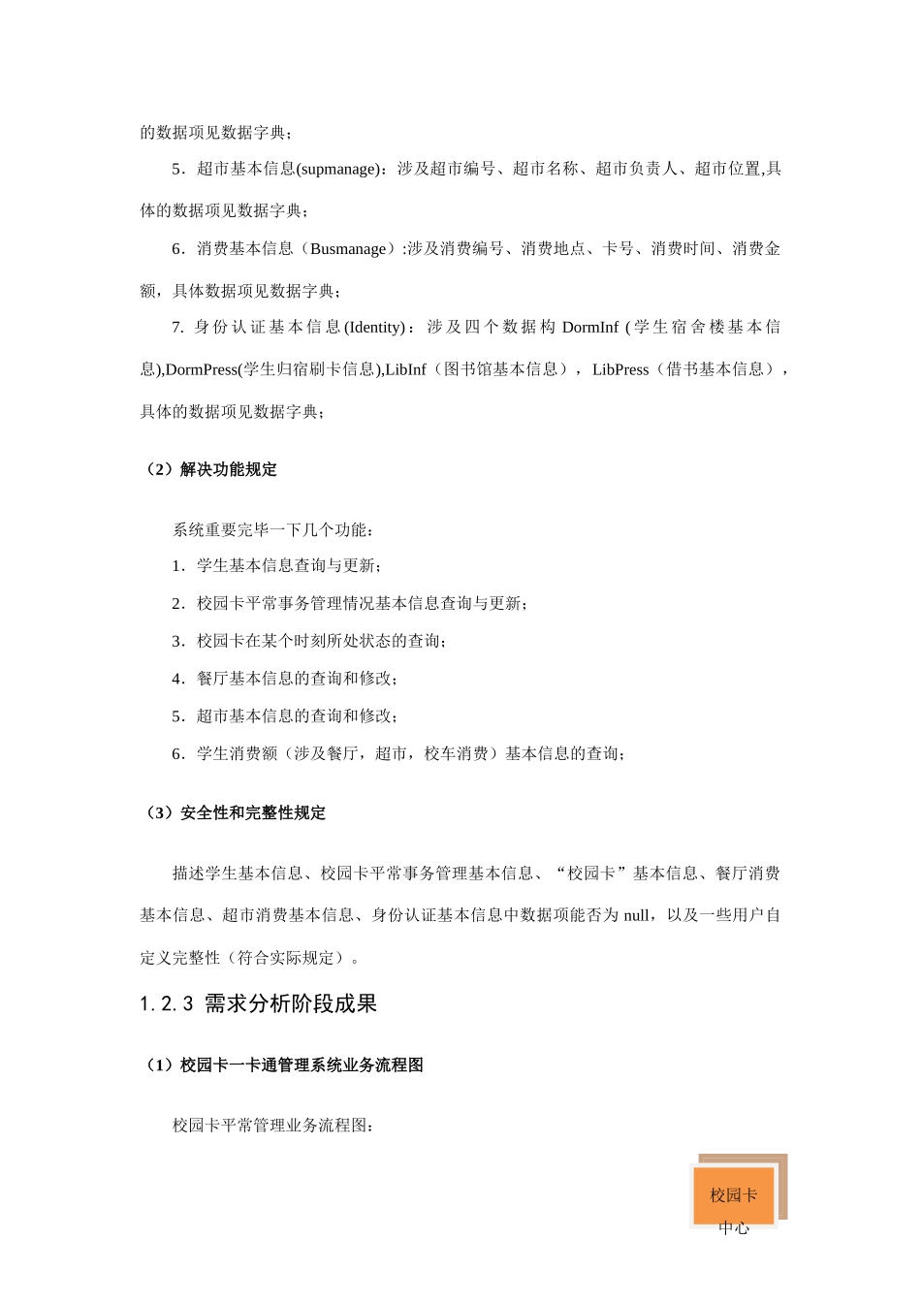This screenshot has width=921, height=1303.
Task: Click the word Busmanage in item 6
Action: coord(348,250)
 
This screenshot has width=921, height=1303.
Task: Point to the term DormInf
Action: coord(589,328)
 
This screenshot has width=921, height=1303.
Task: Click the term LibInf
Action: coord(405,369)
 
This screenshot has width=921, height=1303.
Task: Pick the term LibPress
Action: coord(620,369)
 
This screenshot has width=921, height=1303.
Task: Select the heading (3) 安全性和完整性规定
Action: coord(233,813)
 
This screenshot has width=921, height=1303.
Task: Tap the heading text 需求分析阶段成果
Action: coord(291,1004)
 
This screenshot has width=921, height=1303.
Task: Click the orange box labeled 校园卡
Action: coord(733,1195)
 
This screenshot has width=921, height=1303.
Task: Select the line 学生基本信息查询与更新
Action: coord(288,566)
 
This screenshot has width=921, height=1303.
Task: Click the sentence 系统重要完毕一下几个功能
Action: coord(273,530)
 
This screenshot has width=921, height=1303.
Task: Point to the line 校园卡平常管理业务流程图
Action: coord(273,1127)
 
